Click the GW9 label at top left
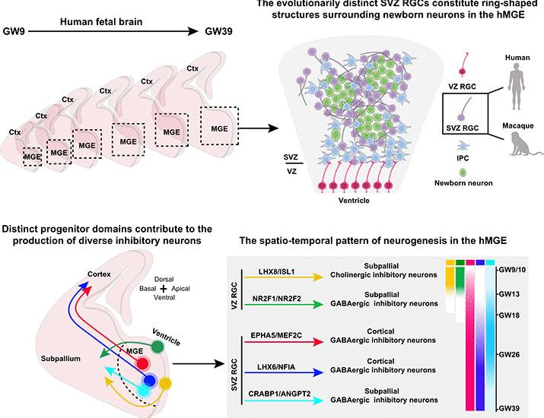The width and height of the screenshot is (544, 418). coord(17,33)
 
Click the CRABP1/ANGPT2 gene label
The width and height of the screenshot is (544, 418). coord(278,394)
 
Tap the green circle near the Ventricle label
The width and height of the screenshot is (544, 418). coord(158,347)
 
